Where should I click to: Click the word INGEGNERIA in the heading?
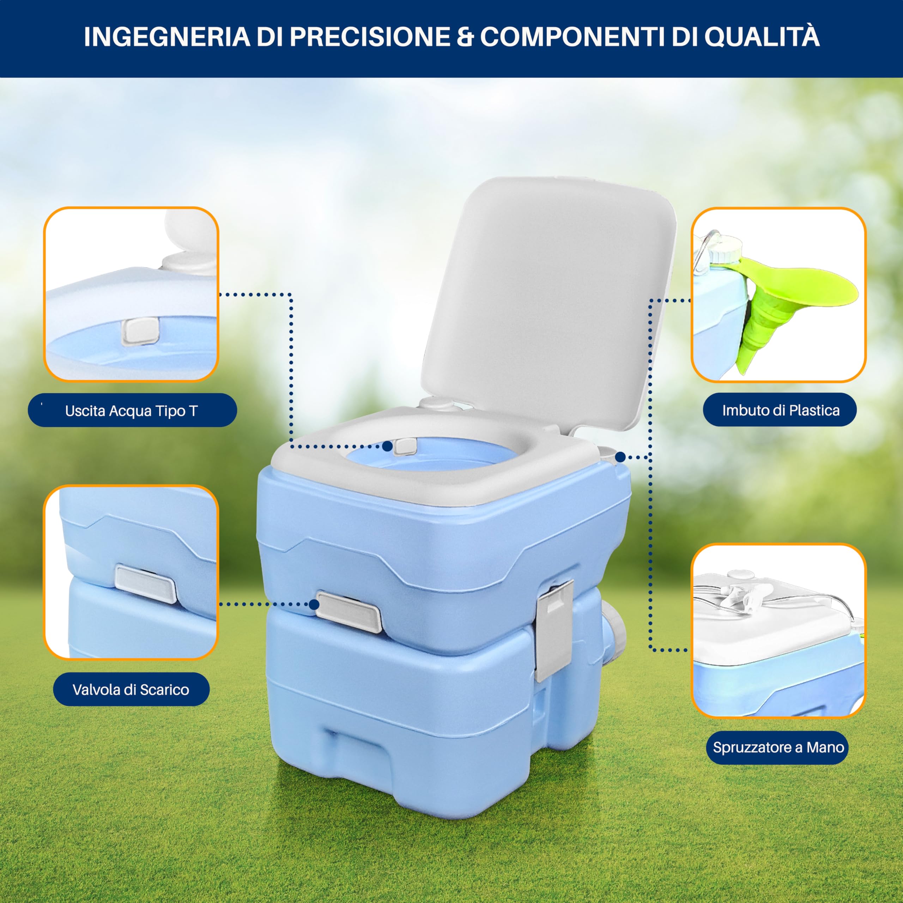[x=167, y=37]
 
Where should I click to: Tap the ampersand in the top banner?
[x=465, y=37]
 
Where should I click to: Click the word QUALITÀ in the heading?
[x=762, y=37]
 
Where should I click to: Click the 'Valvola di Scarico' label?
[x=131, y=689]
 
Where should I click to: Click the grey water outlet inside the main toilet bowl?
[x=405, y=446]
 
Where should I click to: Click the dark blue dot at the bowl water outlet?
[x=387, y=446]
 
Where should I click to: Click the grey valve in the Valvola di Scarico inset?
[x=145, y=584]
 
